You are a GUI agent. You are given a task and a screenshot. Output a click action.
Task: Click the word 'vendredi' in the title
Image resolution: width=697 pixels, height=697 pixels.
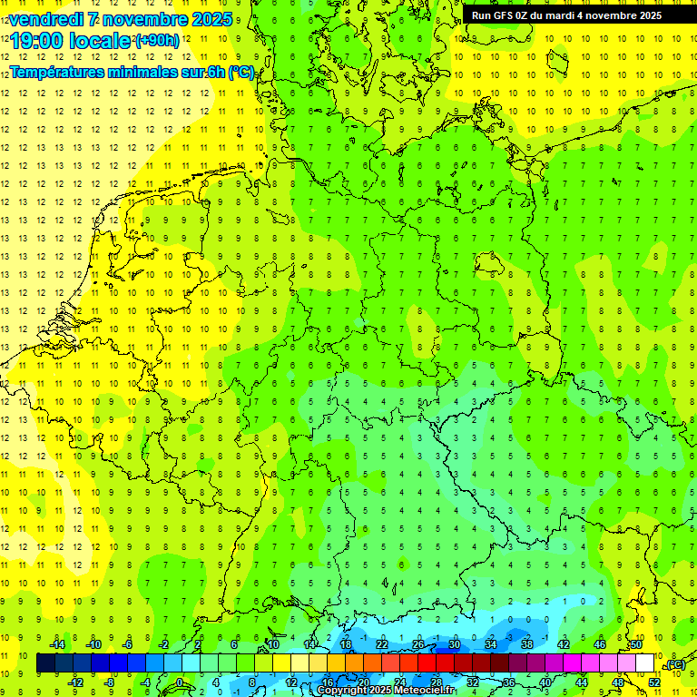pos(44,19)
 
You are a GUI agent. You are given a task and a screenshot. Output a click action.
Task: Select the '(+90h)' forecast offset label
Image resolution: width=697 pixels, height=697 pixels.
pos(157,41)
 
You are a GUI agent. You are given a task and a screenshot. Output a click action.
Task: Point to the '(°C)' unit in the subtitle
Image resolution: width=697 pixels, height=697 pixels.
pos(241,72)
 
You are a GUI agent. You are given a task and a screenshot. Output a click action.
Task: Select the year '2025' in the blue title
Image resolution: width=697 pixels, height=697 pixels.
pos(209,19)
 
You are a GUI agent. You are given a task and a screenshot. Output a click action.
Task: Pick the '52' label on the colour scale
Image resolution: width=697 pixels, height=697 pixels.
pos(654,682)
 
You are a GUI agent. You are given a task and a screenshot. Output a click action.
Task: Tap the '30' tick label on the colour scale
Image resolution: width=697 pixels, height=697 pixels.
pos(454,644)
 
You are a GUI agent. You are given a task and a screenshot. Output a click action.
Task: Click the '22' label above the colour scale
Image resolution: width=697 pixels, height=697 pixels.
pos(382,644)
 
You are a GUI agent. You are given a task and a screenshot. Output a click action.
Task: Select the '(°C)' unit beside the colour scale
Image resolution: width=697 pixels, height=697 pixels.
pos(674,665)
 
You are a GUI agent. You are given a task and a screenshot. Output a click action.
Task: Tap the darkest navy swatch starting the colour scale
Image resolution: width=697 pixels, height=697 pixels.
pos(46,663)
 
